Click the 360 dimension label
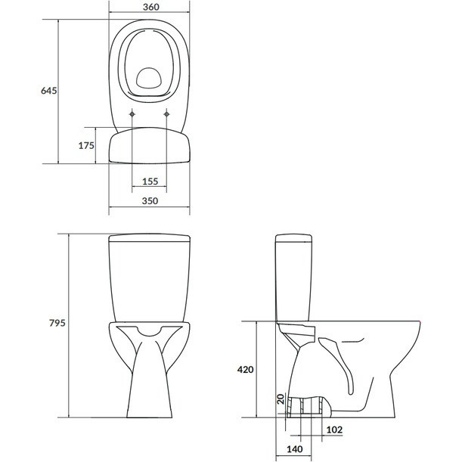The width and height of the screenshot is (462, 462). [151, 7]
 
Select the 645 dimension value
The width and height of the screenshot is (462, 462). [49, 91]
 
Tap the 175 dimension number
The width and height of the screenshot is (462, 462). [86, 145]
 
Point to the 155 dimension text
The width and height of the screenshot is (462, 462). [150, 181]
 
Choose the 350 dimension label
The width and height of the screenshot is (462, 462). [150, 200]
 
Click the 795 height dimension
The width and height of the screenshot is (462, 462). [57, 323]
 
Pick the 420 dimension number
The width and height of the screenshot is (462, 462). [246, 369]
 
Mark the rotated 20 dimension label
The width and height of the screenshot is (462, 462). [281, 399]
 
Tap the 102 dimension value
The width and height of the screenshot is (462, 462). [334, 430]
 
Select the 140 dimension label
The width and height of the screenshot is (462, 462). [295, 449]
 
